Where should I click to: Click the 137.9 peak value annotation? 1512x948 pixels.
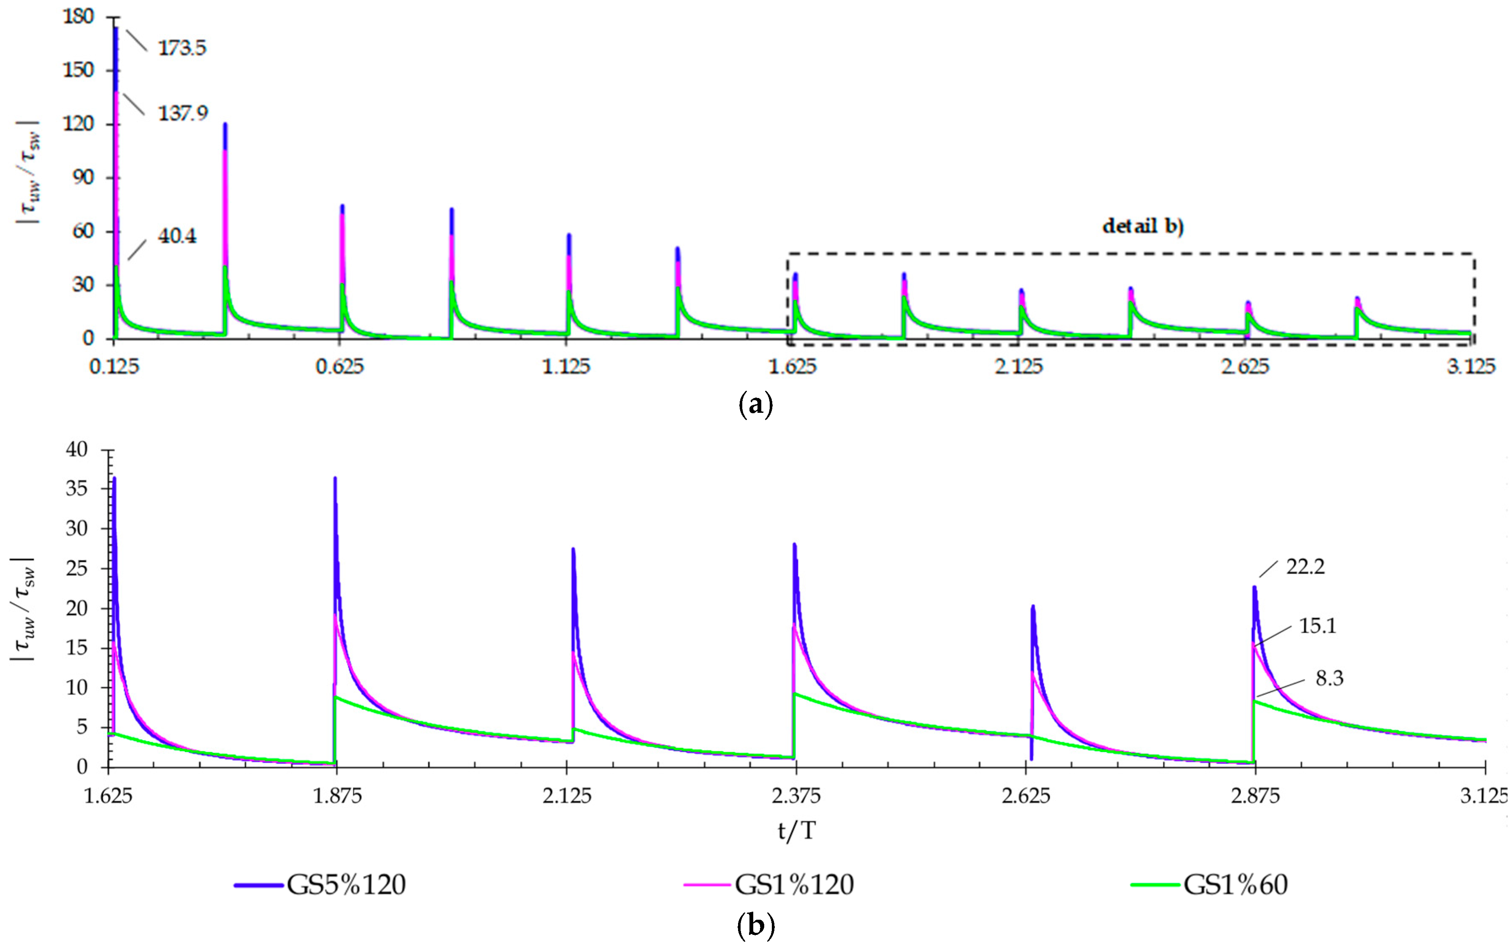tap(182, 114)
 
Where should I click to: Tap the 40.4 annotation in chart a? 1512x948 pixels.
tap(177, 236)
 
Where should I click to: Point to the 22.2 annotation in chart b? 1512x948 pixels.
tap(1306, 567)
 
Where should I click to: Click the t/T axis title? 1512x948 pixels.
tap(796, 831)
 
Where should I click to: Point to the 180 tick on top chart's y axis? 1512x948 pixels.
tap(78, 17)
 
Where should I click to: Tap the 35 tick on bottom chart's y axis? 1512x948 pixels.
tap(76, 489)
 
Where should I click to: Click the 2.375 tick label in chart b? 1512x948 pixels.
tap(796, 796)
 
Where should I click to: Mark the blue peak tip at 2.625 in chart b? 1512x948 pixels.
tap(1032, 606)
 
